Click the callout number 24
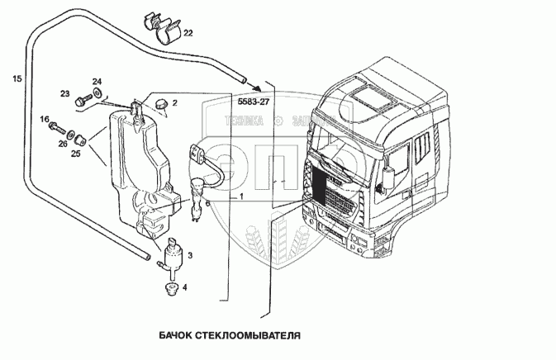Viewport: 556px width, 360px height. click(97, 81)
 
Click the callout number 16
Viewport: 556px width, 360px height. click(45, 120)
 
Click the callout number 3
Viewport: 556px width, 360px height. click(190, 257)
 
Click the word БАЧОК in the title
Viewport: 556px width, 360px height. click(171, 337)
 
